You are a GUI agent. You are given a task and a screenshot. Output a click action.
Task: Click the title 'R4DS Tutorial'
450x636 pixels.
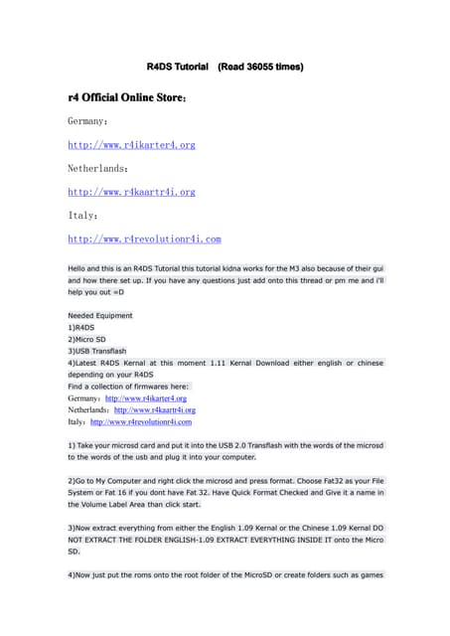pos(178,67)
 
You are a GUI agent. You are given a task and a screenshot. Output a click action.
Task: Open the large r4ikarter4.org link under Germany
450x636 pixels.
pos(131,145)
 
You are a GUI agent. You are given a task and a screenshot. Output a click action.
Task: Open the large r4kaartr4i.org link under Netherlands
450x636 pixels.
pos(131,192)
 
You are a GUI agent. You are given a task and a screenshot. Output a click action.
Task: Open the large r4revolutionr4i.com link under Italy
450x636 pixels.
pos(144,239)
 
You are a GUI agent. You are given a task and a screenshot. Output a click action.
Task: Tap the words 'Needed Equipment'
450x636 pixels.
pos(100,315)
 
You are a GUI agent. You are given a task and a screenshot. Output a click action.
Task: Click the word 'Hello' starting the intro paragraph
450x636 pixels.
pos(79,268)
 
